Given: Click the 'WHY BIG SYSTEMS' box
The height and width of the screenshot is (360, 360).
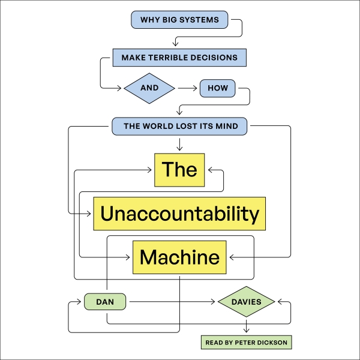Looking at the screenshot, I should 179,20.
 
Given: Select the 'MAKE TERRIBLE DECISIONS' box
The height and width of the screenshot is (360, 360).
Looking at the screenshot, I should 179,58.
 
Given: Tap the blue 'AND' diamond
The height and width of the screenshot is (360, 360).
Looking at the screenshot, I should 149,88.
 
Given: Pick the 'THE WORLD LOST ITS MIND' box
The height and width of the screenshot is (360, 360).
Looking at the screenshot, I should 179,126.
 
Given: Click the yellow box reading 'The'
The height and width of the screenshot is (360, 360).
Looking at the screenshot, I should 179,169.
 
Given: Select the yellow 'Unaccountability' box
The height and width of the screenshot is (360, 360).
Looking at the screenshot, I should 179,214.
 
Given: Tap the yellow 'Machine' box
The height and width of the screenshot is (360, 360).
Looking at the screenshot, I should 179,257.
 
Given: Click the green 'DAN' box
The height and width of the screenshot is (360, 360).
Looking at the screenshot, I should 105,302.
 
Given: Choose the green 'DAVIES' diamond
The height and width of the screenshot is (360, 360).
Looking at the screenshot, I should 247,302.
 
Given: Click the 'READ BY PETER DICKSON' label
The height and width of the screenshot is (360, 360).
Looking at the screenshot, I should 246,343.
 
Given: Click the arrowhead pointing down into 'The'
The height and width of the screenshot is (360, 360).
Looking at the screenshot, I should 179,148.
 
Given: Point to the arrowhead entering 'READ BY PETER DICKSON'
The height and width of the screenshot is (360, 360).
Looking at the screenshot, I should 247,330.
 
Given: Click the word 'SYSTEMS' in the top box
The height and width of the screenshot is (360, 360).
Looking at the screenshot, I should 200,20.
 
